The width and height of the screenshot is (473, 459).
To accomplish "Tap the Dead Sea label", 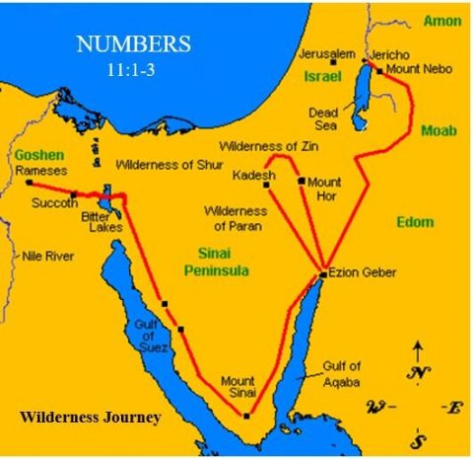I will (324, 118).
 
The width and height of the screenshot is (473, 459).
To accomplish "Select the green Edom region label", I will (415, 222).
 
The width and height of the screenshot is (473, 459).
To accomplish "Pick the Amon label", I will (442, 21).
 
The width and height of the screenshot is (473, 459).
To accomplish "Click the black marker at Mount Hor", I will (301, 181).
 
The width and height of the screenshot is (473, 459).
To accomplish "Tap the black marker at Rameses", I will (30, 183).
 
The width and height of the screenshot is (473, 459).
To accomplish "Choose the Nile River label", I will (48, 255).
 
